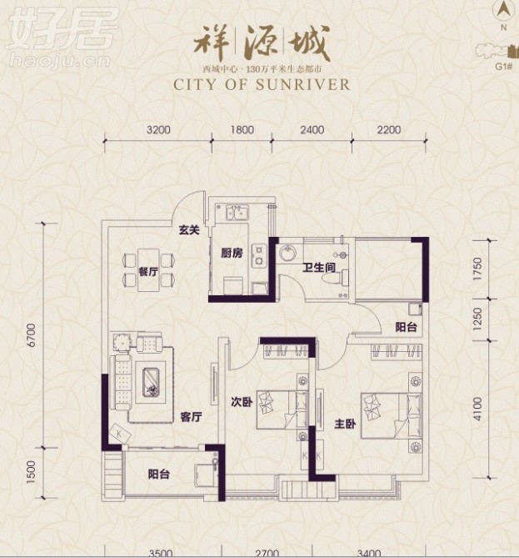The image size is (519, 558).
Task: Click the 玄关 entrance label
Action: pos(188,230)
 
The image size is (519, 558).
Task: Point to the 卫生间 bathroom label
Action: pos(319,268)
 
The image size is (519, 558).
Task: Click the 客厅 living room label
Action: pos(192,419)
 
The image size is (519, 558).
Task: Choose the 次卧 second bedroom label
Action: pos(242,401)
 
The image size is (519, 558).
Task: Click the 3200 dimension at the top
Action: pos(157,129)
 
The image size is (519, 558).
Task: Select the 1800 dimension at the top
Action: pos(242,129)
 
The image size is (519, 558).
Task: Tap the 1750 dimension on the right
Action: pos(477,272)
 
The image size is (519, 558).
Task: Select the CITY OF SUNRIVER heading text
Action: pos(262,84)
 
